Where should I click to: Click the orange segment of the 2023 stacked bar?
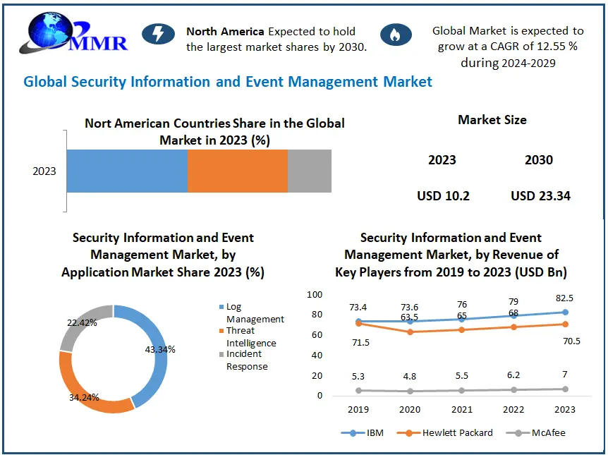pos(237,171)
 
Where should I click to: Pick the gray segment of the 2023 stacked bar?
pos(309,171)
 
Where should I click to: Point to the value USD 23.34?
pos(540,195)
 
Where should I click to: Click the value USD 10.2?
pos(443,195)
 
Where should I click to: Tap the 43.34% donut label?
pos(161,349)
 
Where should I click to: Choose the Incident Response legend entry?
pos(246,360)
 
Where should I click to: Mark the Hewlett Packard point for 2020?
pos(411,332)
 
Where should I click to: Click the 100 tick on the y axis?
pos(314,294)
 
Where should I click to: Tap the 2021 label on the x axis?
pos(462,409)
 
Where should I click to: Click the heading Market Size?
pos(492,120)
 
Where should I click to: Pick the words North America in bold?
pos(225,31)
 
